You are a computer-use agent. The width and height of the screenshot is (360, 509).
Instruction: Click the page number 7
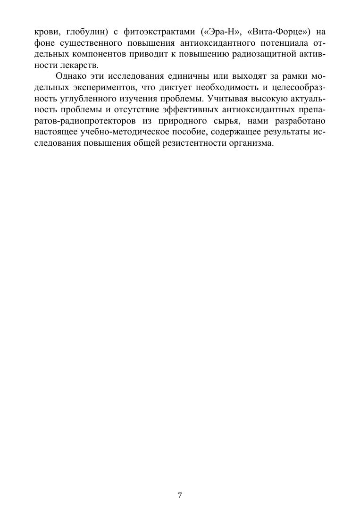[x=180, y=495]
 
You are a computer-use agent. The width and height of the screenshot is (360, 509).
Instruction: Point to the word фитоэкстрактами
[x=158, y=33]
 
